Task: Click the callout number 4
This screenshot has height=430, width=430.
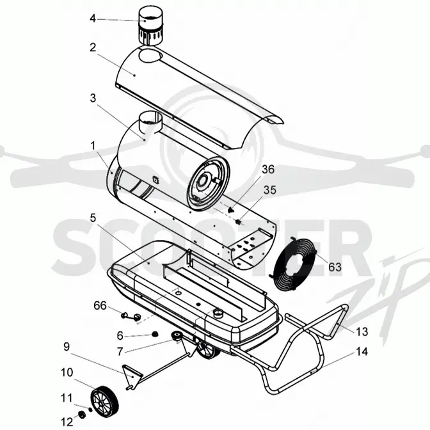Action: [x=93, y=19]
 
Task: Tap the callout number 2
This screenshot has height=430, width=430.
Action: [x=93, y=47]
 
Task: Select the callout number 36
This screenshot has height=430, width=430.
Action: [x=268, y=169]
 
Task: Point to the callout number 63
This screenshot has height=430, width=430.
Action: [x=335, y=267]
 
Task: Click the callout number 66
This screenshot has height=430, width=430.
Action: [x=100, y=305]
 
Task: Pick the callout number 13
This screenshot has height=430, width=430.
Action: [x=362, y=332]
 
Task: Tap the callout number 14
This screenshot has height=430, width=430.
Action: [x=362, y=351]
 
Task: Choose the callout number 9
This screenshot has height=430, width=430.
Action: [x=67, y=347]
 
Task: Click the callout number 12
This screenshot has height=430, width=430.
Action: [x=67, y=422]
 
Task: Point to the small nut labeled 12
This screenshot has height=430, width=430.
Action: [x=82, y=415]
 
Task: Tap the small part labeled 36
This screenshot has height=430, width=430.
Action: [x=231, y=209]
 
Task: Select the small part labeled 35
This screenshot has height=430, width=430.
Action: [x=239, y=221]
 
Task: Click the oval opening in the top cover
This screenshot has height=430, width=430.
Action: [x=150, y=55]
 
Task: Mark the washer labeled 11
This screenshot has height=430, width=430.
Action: [x=90, y=410]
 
